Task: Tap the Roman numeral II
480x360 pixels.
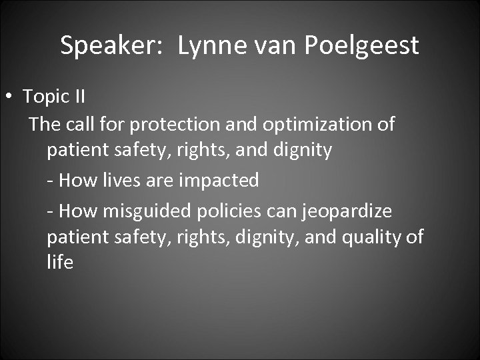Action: click(x=78, y=97)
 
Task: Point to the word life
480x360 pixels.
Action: click(x=59, y=263)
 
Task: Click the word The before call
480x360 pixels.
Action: click(x=45, y=125)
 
